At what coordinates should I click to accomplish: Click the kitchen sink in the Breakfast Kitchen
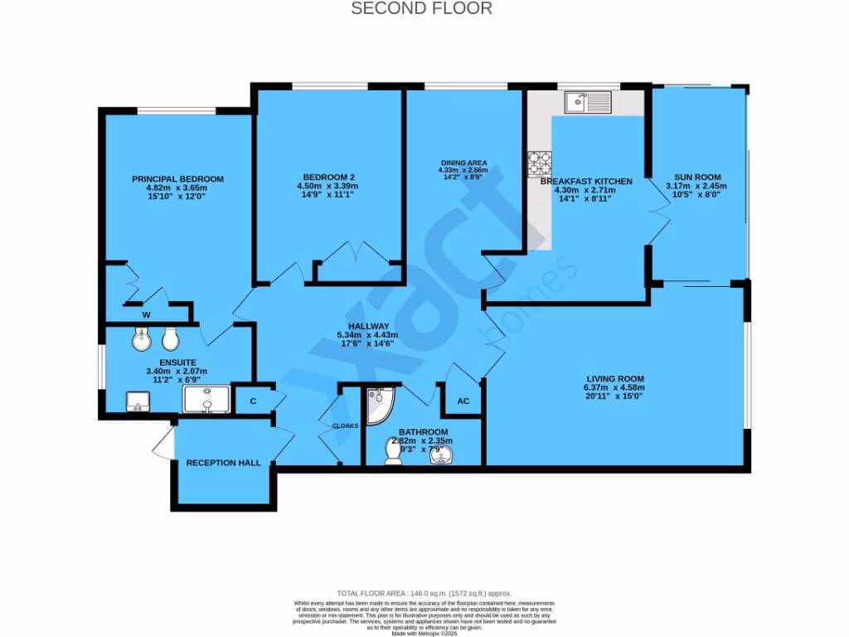coord(587,102)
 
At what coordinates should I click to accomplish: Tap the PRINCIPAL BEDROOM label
coord(177,179)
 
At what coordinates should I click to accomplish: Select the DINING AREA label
coord(463,163)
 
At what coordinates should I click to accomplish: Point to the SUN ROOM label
coord(696,177)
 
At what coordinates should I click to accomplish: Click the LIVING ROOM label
coord(614,378)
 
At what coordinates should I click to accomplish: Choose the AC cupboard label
coord(463,401)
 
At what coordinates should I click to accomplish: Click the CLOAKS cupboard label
coord(346,425)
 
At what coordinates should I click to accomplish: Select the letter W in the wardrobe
coord(146,314)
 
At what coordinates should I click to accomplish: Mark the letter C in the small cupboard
coord(252,401)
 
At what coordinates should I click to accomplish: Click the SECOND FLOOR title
coord(422,9)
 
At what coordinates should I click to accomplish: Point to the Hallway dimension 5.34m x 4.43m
coord(369,335)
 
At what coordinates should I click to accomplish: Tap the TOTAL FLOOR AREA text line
coord(424,594)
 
